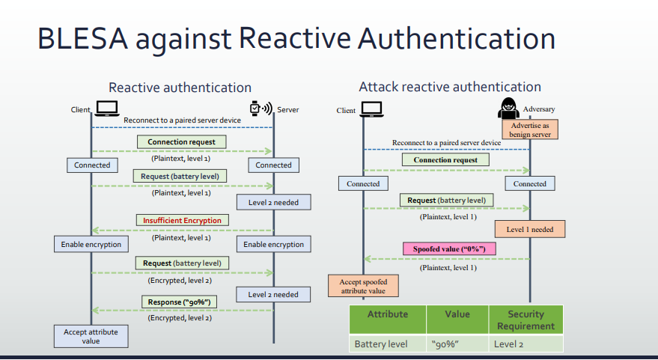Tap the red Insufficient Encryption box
(182, 220)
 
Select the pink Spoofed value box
(449, 248)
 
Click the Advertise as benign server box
(530, 129)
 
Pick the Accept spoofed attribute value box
(363, 286)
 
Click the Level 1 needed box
(529, 229)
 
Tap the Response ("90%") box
(179, 302)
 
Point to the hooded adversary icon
(508, 109)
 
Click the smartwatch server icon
(261, 109)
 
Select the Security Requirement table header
(526, 320)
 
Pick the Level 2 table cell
(526, 344)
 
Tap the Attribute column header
(388, 320)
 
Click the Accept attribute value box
(91, 336)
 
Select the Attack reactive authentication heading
(450, 87)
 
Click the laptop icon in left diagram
(106, 109)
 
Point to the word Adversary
(539, 109)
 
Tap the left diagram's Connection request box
(181, 141)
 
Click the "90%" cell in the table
(457, 344)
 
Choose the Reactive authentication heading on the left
(180, 88)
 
